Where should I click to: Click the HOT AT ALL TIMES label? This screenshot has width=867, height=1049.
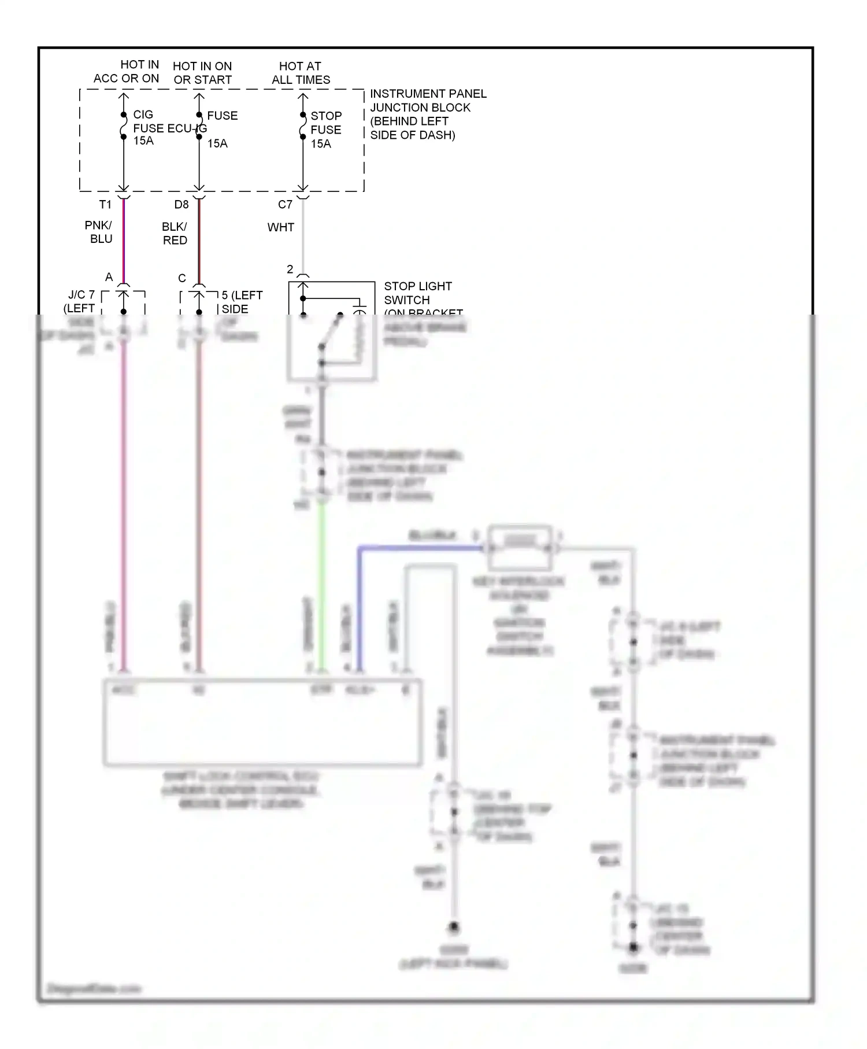(x=301, y=73)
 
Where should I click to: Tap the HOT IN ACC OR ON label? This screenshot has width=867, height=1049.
(x=127, y=72)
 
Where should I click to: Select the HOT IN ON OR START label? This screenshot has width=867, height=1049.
(x=202, y=73)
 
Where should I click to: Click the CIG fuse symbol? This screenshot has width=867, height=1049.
(x=124, y=125)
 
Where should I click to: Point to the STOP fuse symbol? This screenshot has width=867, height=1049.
(x=303, y=125)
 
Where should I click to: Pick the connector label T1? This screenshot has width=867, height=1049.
(x=105, y=204)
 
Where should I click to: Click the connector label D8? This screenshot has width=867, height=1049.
(x=181, y=204)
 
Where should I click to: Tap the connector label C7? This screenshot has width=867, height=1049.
(x=285, y=204)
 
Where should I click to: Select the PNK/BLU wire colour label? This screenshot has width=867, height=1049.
(x=99, y=232)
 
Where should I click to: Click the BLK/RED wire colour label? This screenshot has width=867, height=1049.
(x=175, y=233)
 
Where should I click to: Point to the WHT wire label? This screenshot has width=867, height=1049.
(x=281, y=227)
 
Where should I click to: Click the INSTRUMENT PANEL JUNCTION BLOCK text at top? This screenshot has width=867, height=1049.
(x=428, y=114)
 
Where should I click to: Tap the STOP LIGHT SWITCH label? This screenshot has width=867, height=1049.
(x=417, y=293)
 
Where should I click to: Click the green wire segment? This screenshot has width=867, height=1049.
(x=322, y=584)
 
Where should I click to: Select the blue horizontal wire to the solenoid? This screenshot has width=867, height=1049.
(x=422, y=548)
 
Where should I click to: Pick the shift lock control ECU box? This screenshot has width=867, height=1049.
(x=262, y=723)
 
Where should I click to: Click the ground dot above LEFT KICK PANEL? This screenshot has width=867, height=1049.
(x=454, y=927)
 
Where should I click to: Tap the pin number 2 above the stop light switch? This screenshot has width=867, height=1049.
(x=290, y=269)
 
